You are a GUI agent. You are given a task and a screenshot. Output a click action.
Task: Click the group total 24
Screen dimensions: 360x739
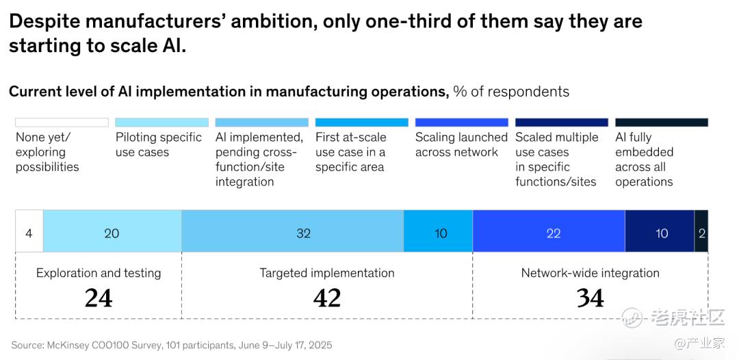click(x=99, y=298)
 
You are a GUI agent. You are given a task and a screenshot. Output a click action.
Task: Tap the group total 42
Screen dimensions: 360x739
click(x=327, y=298)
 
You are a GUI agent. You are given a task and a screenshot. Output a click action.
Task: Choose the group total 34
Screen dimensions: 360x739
click(x=591, y=298)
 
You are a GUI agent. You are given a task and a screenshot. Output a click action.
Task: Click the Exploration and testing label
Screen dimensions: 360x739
click(x=99, y=273)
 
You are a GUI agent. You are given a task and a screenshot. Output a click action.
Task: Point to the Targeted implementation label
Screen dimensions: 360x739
click(x=327, y=273)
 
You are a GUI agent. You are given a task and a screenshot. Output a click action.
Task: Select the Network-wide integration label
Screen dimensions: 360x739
click(x=591, y=273)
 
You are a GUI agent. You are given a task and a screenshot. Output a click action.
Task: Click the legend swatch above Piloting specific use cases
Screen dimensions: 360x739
click(x=162, y=123)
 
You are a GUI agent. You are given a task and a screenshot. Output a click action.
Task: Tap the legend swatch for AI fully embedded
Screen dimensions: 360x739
click(x=662, y=123)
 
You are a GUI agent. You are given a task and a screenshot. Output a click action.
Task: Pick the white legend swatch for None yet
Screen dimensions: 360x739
click(x=62, y=123)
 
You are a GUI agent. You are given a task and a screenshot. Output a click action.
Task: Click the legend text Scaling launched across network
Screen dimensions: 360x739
click(x=461, y=144)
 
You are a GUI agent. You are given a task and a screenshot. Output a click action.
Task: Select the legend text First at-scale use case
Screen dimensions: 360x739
click(x=351, y=152)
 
